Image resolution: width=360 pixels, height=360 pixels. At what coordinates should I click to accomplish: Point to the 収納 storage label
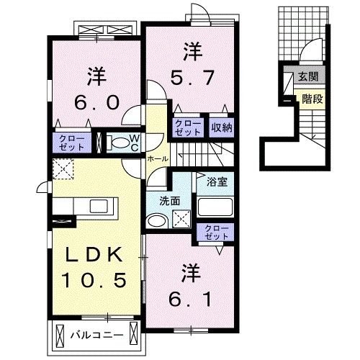221,127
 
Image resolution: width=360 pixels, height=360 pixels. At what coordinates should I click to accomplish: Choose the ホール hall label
158,158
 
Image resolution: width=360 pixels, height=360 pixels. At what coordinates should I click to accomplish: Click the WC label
135,141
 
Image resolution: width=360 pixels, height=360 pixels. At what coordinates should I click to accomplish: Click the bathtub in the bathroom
215,207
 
